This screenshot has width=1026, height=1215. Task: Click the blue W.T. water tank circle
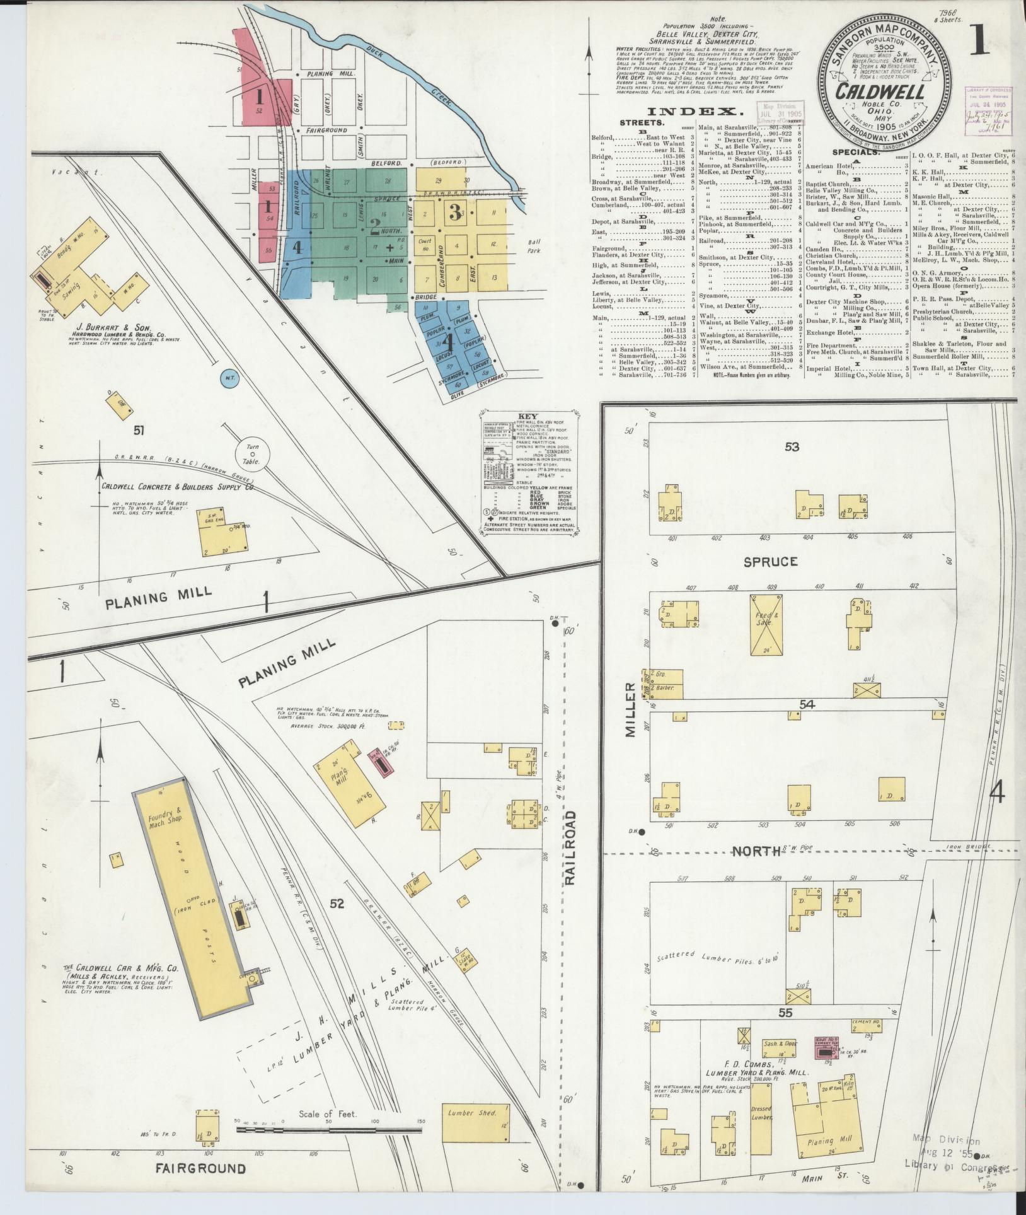[231, 378]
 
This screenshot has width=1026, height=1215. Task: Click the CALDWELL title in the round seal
[880, 91]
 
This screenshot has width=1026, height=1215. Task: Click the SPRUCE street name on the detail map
[771, 561]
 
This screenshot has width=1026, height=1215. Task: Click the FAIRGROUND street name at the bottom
[200, 1168]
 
